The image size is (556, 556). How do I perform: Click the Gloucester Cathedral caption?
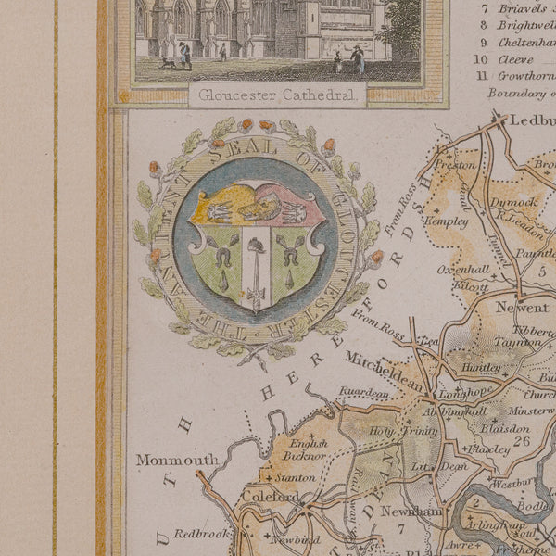(276, 93)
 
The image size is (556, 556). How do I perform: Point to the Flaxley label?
(488, 450)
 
